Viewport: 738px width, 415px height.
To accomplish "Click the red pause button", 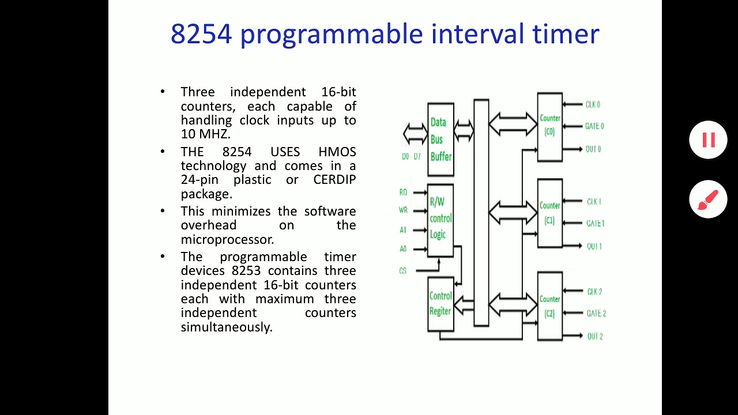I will (708, 139).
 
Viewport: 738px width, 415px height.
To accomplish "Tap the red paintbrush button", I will (708, 199).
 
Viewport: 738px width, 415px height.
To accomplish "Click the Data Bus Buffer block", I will (440, 139).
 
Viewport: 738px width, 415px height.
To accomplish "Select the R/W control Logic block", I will (440, 219).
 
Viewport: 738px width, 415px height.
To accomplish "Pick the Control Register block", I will (440, 304).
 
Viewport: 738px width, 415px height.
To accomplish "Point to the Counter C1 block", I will (549, 213).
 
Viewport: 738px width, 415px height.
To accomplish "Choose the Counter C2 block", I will (549, 306).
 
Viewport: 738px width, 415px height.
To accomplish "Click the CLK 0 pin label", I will (593, 105).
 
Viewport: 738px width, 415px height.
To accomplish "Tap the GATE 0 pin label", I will (594, 126).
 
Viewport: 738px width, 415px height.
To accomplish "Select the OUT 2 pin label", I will (594, 336).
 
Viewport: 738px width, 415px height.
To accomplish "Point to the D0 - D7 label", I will (411, 156).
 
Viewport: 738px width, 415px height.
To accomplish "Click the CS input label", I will (403, 270).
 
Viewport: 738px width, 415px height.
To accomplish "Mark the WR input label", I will (403, 210).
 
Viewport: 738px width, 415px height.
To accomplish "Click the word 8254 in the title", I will (201, 34).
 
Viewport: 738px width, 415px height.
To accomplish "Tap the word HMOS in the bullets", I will (337, 152).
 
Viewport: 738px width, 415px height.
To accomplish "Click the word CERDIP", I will (334, 180).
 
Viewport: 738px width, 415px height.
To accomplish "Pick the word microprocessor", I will (227, 239).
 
